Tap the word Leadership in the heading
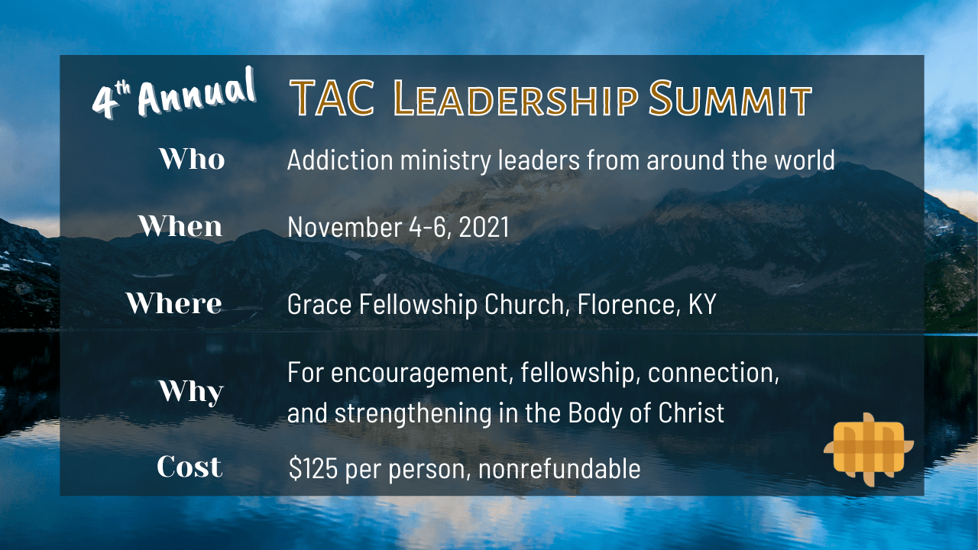[515, 99]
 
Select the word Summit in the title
[730, 99]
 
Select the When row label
[180, 226]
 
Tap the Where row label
[174, 303]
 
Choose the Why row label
[191, 392]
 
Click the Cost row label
[189, 466]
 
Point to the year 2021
[484, 227]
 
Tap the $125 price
[313, 468]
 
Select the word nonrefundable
[559, 468]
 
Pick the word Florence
[629, 304]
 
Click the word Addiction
[340, 160]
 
